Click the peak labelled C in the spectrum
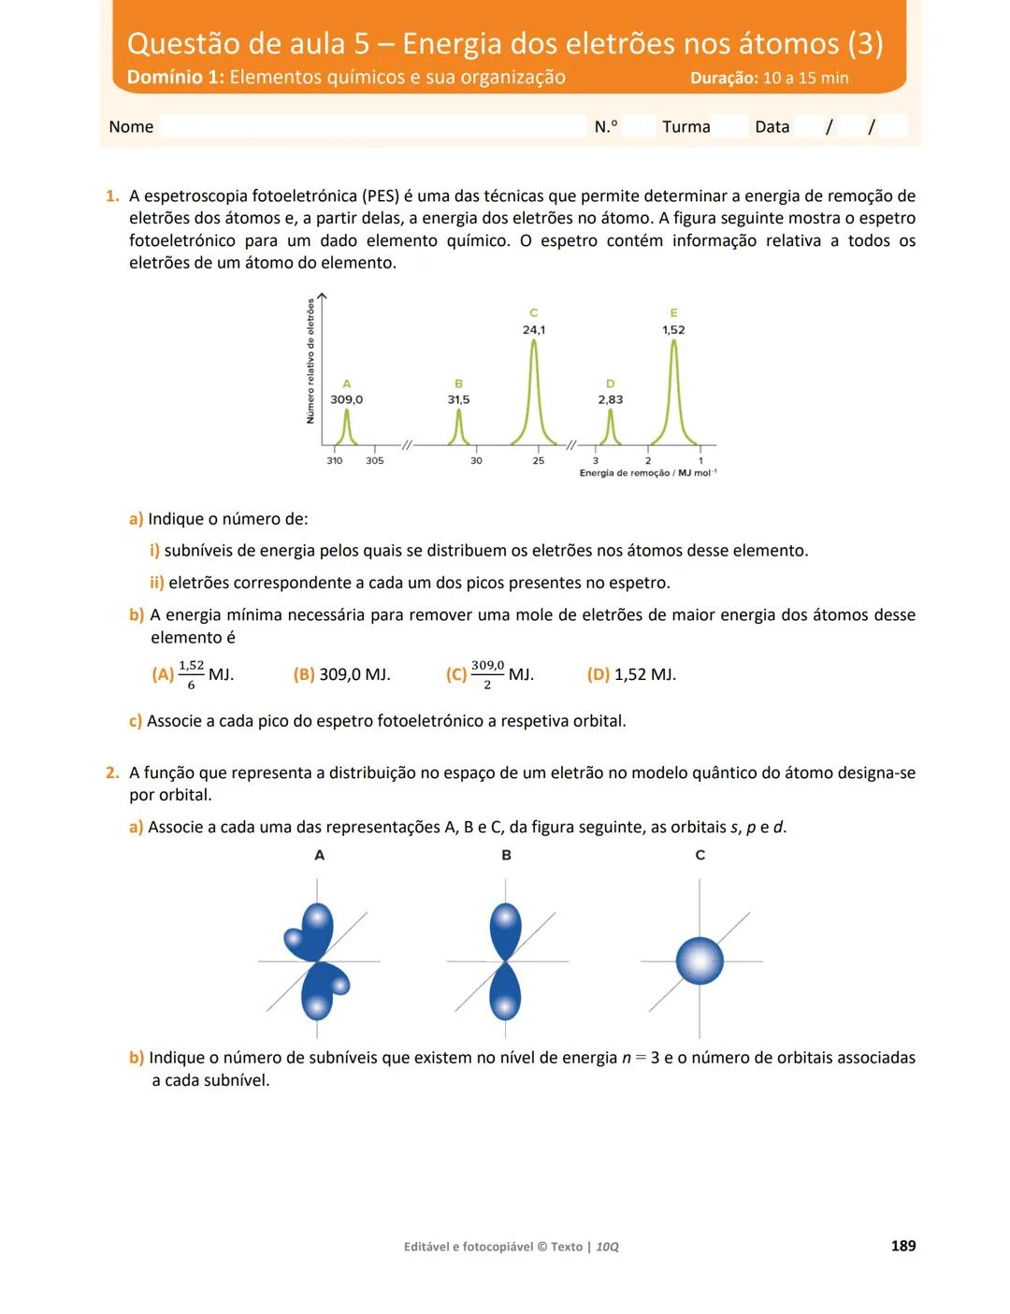tap(534, 393)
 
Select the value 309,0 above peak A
tap(346, 399)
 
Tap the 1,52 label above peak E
tap(673, 330)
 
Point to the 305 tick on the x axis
tap(374, 460)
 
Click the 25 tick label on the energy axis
tap(539, 460)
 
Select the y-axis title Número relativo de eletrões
tap(310, 361)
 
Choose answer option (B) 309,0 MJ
tap(342, 674)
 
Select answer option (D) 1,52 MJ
tap(631, 674)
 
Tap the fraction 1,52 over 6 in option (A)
tap(191, 674)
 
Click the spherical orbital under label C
tap(700, 960)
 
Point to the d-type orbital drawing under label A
tap(317, 960)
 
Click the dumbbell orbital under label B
tap(505, 960)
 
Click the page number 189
tap(903, 1246)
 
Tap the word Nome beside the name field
tap(131, 127)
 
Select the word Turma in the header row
tap(686, 127)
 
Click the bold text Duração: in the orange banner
tap(724, 79)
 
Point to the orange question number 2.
tap(112, 773)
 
